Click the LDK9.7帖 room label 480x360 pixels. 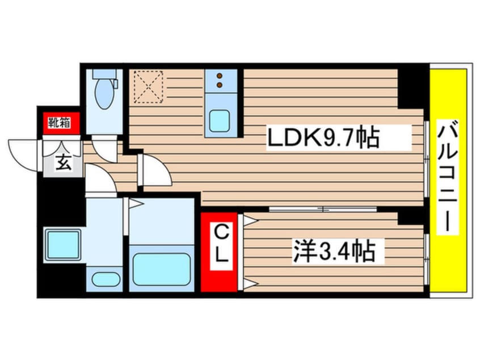coord(323,138)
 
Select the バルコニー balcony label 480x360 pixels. coord(447,177)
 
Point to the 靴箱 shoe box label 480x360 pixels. coord(59,123)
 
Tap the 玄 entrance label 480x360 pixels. coord(63,162)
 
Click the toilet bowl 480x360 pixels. coord(104,91)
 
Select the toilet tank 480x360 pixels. coord(104,73)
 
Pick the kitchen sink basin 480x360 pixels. coord(219,120)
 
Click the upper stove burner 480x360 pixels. coord(220,76)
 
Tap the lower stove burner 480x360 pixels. coord(220,85)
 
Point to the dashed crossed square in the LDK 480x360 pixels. coord(148,87)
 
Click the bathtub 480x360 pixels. coord(161,269)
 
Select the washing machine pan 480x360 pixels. coord(62,245)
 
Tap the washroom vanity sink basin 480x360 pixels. coord(106,279)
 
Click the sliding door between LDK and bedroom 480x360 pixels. coord(323,210)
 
